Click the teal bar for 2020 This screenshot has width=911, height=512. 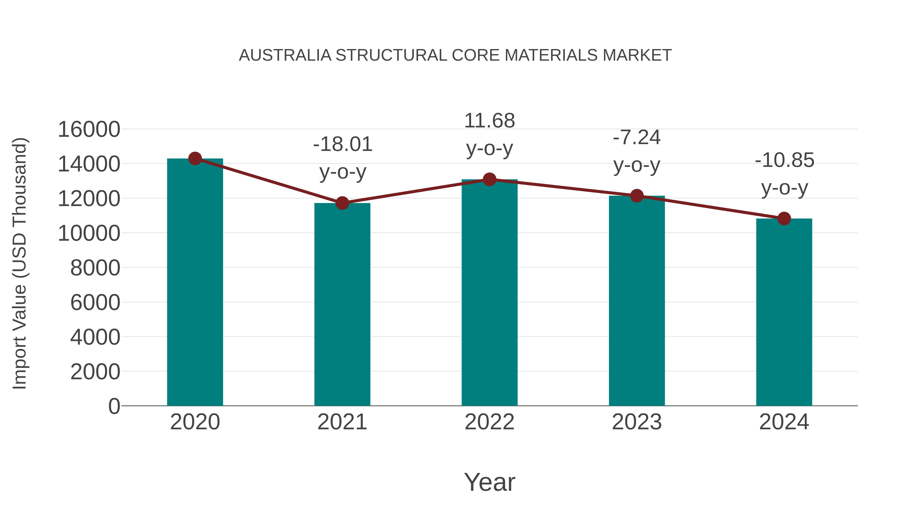click(x=195, y=283)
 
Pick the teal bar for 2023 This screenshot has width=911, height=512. click(x=637, y=301)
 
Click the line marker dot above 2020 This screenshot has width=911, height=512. click(x=195, y=159)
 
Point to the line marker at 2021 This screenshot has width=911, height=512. click(x=342, y=203)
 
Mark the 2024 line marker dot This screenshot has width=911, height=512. click(x=784, y=219)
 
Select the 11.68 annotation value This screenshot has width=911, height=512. click(x=489, y=121)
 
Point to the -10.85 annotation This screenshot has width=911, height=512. click(x=784, y=160)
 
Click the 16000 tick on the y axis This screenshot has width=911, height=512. click(x=89, y=129)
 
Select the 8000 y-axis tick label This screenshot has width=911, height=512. click(x=95, y=268)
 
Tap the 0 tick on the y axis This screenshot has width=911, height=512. click(x=114, y=406)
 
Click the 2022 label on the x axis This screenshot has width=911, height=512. click(x=489, y=422)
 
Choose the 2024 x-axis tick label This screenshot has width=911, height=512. click(x=784, y=422)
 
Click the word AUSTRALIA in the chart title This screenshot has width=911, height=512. click(x=285, y=55)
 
